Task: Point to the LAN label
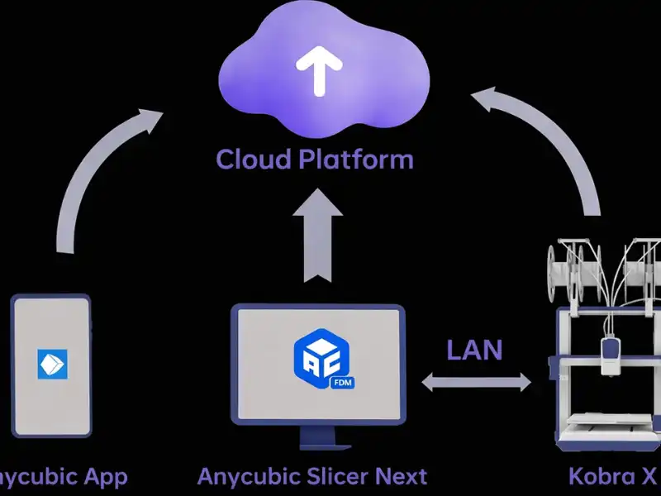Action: coord(474,350)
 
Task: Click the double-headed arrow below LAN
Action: coord(477,382)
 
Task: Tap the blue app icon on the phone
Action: coord(51,365)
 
